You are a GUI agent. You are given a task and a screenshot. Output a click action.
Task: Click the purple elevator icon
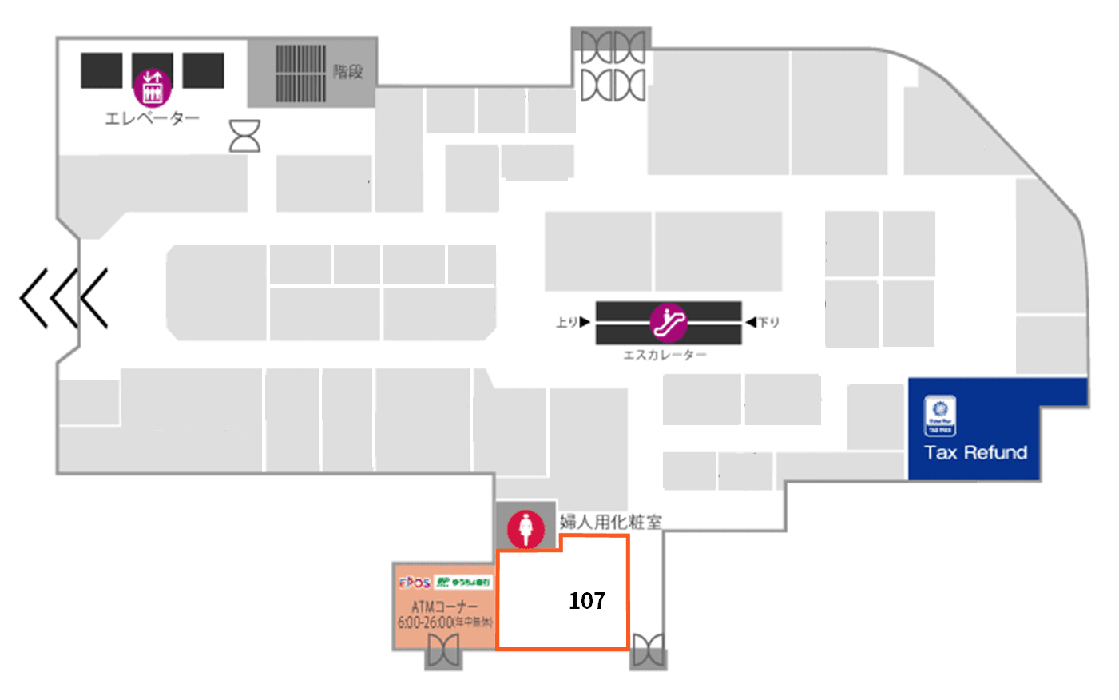(x=152, y=88)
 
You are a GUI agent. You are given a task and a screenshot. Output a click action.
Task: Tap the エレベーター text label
(x=152, y=118)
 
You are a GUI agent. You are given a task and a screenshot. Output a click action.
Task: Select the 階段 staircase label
(x=348, y=71)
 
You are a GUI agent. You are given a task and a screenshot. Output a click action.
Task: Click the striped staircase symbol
(x=300, y=73)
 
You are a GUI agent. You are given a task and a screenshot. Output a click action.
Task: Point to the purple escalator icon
(x=669, y=322)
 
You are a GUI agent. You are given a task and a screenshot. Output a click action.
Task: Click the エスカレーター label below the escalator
(x=665, y=355)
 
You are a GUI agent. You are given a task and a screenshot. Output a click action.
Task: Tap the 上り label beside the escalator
(x=567, y=322)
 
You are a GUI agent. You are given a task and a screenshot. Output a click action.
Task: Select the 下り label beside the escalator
(x=768, y=322)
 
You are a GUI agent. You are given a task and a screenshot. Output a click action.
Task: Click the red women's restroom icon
(x=526, y=528)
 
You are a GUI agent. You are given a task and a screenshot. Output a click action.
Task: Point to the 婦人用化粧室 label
(x=610, y=522)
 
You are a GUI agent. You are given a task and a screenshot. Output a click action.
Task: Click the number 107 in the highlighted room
(x=587, y=600)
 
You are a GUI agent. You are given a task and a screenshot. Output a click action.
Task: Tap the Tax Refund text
(x=975, y=452)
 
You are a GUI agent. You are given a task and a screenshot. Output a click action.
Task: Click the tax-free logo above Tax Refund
(x=940, y=416)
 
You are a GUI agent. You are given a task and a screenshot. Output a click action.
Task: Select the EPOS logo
(x=415, y=583)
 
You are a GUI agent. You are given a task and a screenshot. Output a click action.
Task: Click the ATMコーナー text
(x=444, y=607)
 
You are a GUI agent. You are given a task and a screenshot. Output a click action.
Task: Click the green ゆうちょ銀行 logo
(x=463, y=583)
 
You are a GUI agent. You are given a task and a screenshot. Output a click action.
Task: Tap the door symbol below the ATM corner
(x=442, y=651)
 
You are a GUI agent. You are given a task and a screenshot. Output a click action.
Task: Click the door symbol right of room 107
(x=648, y=650)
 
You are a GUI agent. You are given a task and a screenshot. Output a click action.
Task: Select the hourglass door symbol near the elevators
(x=244, y=136)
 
